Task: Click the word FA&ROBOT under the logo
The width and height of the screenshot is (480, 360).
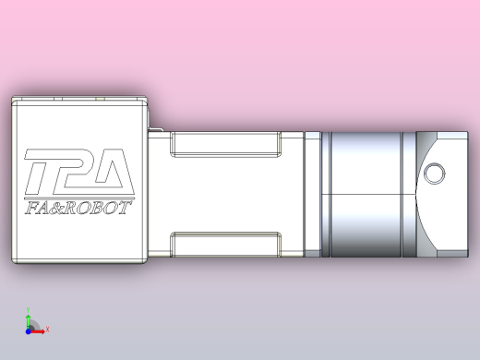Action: tap(78, 209)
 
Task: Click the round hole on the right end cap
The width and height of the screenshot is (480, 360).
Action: tap(433, 172)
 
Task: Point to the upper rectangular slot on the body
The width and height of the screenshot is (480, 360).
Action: tap(227, 143)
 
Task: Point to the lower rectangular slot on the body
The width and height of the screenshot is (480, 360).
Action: tap(227, 243)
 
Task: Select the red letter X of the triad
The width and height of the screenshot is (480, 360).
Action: tap(47, 329)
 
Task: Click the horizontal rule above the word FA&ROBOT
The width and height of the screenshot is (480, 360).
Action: tap(78, 197)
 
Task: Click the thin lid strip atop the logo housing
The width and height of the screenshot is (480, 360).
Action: tap(78, 97)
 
